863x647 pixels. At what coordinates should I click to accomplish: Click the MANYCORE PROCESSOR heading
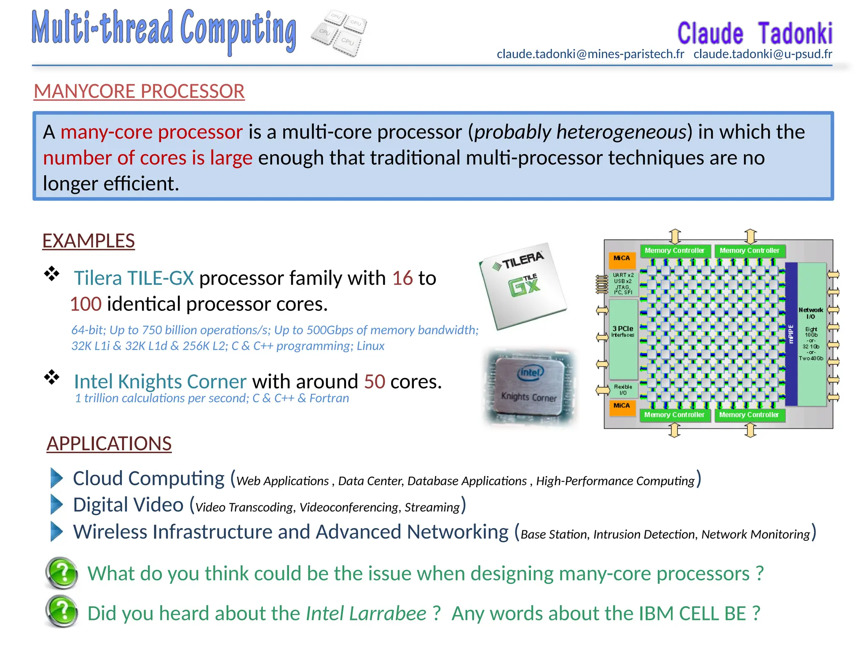139,91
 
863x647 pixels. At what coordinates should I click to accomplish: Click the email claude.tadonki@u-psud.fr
763,54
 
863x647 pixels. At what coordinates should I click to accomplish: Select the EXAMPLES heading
88,241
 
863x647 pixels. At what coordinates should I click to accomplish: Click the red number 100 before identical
86,304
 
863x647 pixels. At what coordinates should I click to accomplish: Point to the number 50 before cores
374,381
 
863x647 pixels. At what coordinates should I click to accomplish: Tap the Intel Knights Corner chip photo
529,387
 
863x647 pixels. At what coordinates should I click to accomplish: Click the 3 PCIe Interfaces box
623,337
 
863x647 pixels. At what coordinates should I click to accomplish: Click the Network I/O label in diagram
810,313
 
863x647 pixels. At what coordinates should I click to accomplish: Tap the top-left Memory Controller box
674,251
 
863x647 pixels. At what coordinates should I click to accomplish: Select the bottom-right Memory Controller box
749,415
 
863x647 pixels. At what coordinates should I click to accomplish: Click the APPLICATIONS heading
109,444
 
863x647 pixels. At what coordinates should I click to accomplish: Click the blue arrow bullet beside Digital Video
56,504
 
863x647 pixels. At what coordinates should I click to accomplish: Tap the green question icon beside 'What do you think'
62,573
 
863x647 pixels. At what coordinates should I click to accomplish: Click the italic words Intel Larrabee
366,613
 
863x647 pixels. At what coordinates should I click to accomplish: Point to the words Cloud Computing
149,479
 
